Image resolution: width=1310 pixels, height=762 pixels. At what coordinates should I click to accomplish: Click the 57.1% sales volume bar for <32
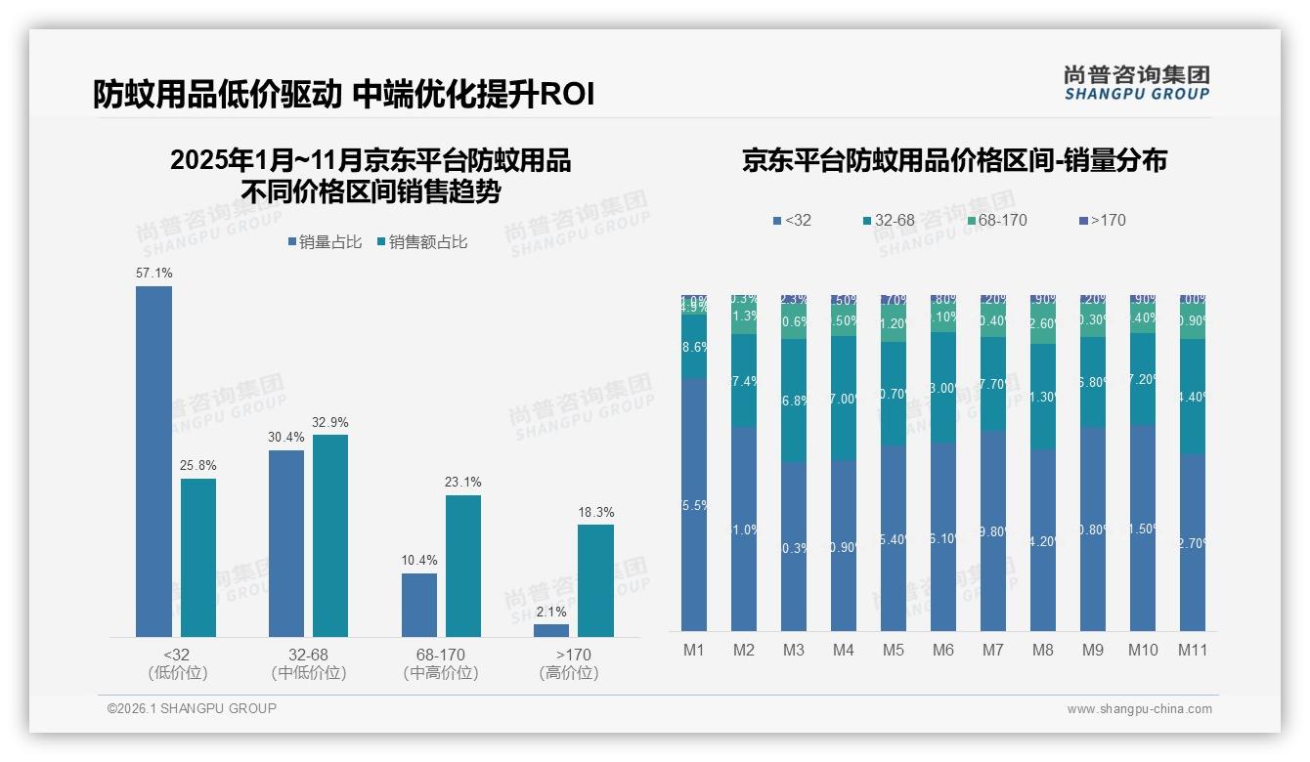click(153, 461)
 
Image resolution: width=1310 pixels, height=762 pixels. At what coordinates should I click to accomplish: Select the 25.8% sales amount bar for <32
click(198, 558)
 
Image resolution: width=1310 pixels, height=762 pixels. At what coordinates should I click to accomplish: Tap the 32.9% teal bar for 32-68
click(330, 535)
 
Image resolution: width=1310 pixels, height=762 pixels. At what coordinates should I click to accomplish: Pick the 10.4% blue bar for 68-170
click(419, 605)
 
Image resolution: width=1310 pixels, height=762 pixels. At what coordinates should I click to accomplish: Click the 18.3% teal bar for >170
click(595, 580)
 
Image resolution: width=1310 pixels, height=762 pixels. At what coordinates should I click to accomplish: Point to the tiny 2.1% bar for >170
click(551, 630)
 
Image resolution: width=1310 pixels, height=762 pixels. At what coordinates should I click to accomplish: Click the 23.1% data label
click(463, 483)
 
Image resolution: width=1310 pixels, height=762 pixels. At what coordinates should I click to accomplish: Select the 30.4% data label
click(286, 438)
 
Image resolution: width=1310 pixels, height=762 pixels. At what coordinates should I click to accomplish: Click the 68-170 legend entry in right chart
click(996, 221)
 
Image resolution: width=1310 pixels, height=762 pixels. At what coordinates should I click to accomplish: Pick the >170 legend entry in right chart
click(1102, 221)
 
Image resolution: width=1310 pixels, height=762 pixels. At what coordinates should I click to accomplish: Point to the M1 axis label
click(693, 651)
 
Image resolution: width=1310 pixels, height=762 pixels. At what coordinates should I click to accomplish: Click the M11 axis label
click(1192, 651)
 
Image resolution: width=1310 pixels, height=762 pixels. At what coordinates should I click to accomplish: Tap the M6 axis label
click(942, 651)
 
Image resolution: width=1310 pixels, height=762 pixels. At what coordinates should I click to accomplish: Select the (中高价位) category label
click(440, 673)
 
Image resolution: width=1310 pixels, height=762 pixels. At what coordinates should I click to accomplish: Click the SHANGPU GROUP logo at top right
click(1136, 83)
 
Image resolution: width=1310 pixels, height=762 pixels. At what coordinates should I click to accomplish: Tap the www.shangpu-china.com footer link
click(1139, 709)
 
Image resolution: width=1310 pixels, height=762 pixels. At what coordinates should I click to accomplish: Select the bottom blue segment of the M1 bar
click(693, 505)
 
